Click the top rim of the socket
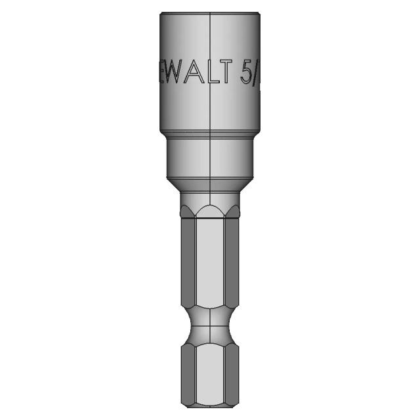tap(209, 12)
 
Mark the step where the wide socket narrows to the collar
tap(209, 132)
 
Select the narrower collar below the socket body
tap(209, 157)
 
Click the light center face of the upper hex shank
tap(209, 262)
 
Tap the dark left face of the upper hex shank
tap(186, 262)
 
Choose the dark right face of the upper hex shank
tap(234, 262)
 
